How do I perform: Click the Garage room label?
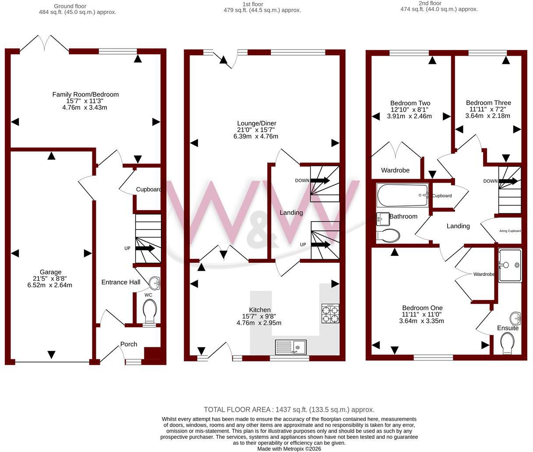pos(50,272)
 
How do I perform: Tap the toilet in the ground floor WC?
pos(150,311)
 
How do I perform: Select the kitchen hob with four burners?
pos(330,314)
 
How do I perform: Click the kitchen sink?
pos(291,347)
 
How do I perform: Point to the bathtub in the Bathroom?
pos(403,195)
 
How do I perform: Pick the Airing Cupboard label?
pos(510,231)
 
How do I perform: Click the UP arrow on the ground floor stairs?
pos(145,248)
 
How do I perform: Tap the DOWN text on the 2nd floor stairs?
pos(490,181)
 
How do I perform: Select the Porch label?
pos(129,344)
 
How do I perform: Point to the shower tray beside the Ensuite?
pos(510,265)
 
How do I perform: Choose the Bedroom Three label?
pos(488,102)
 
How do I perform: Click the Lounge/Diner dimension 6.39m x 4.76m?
pos(256,136)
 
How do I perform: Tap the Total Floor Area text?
pos(289,410)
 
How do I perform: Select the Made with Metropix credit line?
pos(289,448)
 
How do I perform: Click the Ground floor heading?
pos(70,6)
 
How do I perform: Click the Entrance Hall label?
pos(121,282)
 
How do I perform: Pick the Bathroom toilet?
pos(388,236)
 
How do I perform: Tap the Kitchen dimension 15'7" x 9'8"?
pos(259,316)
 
